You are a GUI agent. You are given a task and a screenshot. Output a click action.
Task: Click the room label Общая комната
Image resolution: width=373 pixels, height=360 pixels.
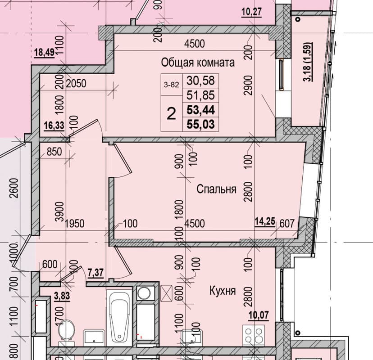(x=198, y=63)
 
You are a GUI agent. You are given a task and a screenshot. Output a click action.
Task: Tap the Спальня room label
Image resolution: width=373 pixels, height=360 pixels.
(x=217, y=189)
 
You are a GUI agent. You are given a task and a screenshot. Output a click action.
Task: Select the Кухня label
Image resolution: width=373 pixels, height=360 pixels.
(x=223, y=290)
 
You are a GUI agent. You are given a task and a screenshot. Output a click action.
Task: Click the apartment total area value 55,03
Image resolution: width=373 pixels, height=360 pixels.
(x=201, y=124)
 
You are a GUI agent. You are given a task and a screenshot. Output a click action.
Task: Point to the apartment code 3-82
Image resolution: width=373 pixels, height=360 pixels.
(x=171, y=85)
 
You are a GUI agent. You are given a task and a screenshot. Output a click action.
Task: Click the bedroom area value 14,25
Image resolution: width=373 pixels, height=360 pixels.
(x=265, y=221)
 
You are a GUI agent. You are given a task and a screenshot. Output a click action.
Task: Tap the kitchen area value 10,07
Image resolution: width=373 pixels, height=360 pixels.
(x=259, y=315)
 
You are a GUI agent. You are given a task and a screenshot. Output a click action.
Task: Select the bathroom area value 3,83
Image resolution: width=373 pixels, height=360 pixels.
(x=62, y=296)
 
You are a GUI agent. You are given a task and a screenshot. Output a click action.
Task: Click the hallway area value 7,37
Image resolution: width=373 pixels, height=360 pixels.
(x=96, y=273)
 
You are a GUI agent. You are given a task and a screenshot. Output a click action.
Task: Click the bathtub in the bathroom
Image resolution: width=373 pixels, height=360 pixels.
(x=119, y=318)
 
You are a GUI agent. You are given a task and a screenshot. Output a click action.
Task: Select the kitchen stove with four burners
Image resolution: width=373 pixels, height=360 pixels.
(x=253, y=335)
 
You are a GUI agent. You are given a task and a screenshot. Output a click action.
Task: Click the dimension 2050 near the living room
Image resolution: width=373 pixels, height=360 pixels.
(x=76, y=84)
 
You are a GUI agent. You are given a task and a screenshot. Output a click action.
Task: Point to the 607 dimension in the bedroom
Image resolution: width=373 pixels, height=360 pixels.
(x=287, y=224)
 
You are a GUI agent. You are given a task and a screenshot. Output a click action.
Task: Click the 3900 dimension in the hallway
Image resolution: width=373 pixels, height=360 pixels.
(x=59, y=211)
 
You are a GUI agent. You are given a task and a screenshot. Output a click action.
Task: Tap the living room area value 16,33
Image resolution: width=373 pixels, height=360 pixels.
(x=54, y=126)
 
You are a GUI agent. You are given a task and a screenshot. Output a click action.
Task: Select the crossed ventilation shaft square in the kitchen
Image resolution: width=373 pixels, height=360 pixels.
(x=166, y=293)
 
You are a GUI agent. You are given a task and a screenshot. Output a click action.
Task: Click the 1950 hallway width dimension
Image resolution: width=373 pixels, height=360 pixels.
(x=74, y=224)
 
